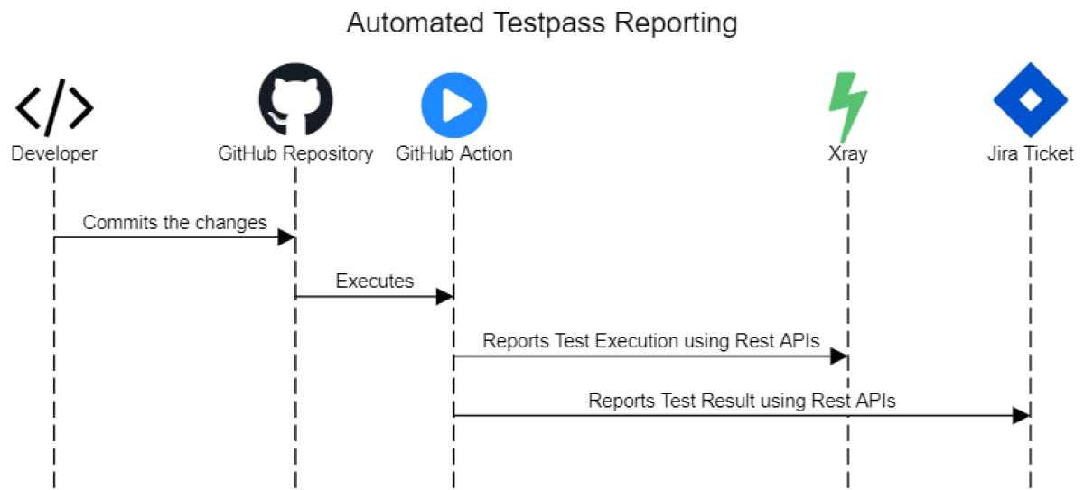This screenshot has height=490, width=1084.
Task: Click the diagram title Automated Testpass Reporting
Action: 542,23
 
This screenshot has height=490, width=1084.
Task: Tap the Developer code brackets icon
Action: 54,106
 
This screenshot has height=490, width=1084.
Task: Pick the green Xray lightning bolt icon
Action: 848,106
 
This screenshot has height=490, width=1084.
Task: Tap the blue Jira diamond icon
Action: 1030,101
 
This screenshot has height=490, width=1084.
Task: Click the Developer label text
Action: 54,153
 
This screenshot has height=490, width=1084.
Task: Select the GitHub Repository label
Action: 295,153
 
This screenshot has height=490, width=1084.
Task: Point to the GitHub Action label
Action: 453,153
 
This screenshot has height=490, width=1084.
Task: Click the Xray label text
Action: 848,153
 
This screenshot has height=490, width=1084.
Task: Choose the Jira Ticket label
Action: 1030,153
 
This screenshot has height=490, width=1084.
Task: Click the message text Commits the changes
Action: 175,222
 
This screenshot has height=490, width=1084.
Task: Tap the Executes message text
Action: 375,281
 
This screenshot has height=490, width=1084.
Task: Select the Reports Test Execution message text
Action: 650,340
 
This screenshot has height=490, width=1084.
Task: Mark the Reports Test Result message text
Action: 742,401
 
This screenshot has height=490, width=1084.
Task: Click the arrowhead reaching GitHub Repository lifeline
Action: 286,237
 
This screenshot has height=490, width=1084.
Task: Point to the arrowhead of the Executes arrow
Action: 444,297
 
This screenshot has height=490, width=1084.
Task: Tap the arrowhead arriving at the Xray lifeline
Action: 839,356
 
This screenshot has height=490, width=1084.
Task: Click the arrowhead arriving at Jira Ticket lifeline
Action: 1021,416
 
